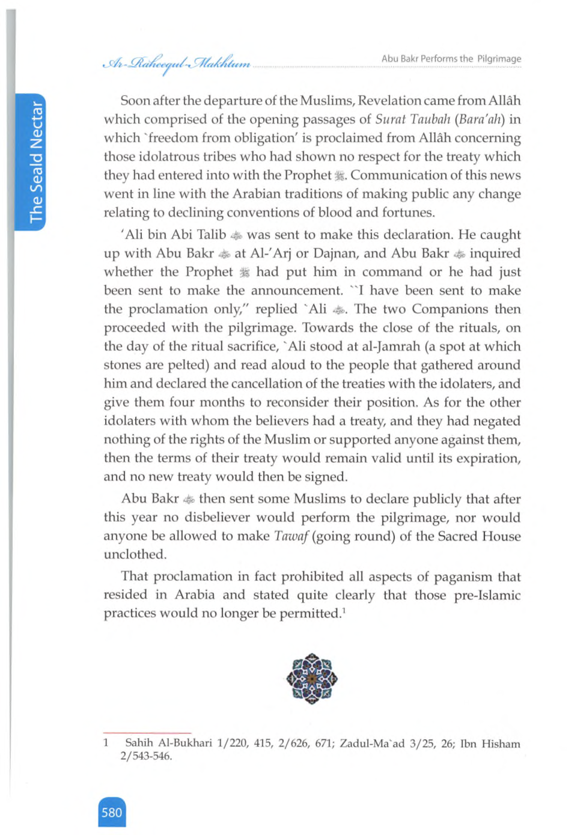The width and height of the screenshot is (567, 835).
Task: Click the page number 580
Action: (x=112, y=812)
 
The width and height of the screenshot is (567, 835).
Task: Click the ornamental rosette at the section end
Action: (x=312, y=678)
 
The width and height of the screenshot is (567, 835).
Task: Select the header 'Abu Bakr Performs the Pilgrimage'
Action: (x=451, y=59)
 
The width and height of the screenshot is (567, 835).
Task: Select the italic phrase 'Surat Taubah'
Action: (x=412, y=119)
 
